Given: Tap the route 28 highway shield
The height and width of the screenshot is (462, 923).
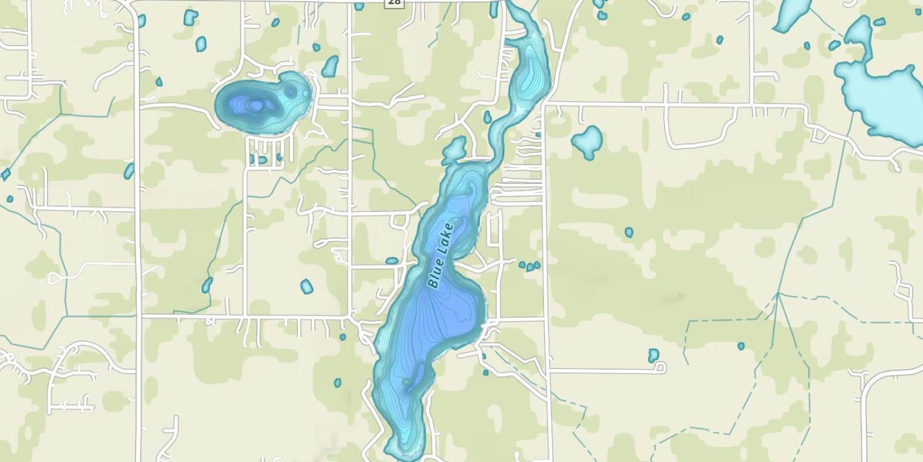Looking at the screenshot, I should click(x=394, y=2).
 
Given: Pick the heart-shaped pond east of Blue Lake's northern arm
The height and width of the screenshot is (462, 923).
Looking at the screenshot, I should click(x=588, y=141).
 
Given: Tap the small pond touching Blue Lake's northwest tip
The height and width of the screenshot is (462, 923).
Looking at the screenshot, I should click(x=455, y=149).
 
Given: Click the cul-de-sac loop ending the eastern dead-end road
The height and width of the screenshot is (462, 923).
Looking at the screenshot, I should click(x=660, y=368).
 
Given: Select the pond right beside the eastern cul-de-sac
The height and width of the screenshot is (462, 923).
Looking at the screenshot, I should click(x=653, y=355).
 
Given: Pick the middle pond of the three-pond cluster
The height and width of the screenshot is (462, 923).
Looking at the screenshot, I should click(x=530, y=267).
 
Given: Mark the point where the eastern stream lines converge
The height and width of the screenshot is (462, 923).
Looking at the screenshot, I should click(x=778, y=295).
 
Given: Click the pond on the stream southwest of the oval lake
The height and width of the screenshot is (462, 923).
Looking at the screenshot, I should click(x=207, y=285).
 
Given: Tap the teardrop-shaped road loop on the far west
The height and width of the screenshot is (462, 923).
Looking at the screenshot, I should click(x=55, y=278).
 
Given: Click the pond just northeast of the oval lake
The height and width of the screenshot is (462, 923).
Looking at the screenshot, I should click(x=330, y=67).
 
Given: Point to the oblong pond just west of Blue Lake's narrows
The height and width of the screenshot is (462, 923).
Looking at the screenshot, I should click(x=392, y=261).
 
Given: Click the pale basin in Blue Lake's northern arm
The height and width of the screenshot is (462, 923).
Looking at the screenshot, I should click(x=527, y=80).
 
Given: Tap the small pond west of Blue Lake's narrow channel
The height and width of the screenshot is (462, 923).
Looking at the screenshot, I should click(x=487, y=117).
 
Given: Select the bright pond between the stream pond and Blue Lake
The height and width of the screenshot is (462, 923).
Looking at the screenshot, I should click(x=306, y=286).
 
